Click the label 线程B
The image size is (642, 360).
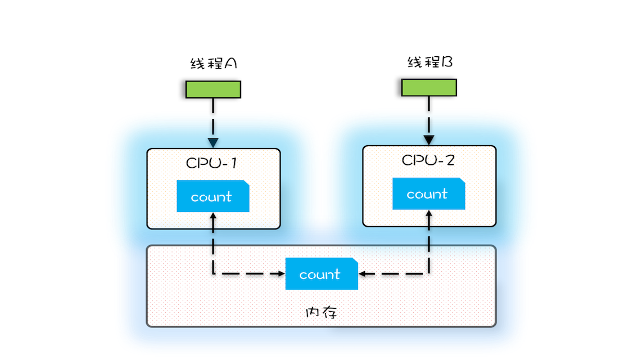point(430,62)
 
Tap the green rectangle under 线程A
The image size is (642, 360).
point(213,89)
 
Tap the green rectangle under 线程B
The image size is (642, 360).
point(429,87)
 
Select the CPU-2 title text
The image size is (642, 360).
point(428,160)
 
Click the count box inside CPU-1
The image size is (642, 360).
point(213,196)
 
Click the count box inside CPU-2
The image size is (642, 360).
point(428,193)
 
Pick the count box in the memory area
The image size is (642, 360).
point(321,274)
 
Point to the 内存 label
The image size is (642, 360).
point(321,312)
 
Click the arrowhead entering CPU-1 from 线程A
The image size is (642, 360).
point(213,142)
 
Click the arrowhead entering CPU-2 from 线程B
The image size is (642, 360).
point(429,139)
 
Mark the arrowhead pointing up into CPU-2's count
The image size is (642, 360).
point(429,213)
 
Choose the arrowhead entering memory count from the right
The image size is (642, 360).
point(363,274)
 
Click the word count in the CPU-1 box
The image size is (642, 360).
point(211,197)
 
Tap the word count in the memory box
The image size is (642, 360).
point(320,274)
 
